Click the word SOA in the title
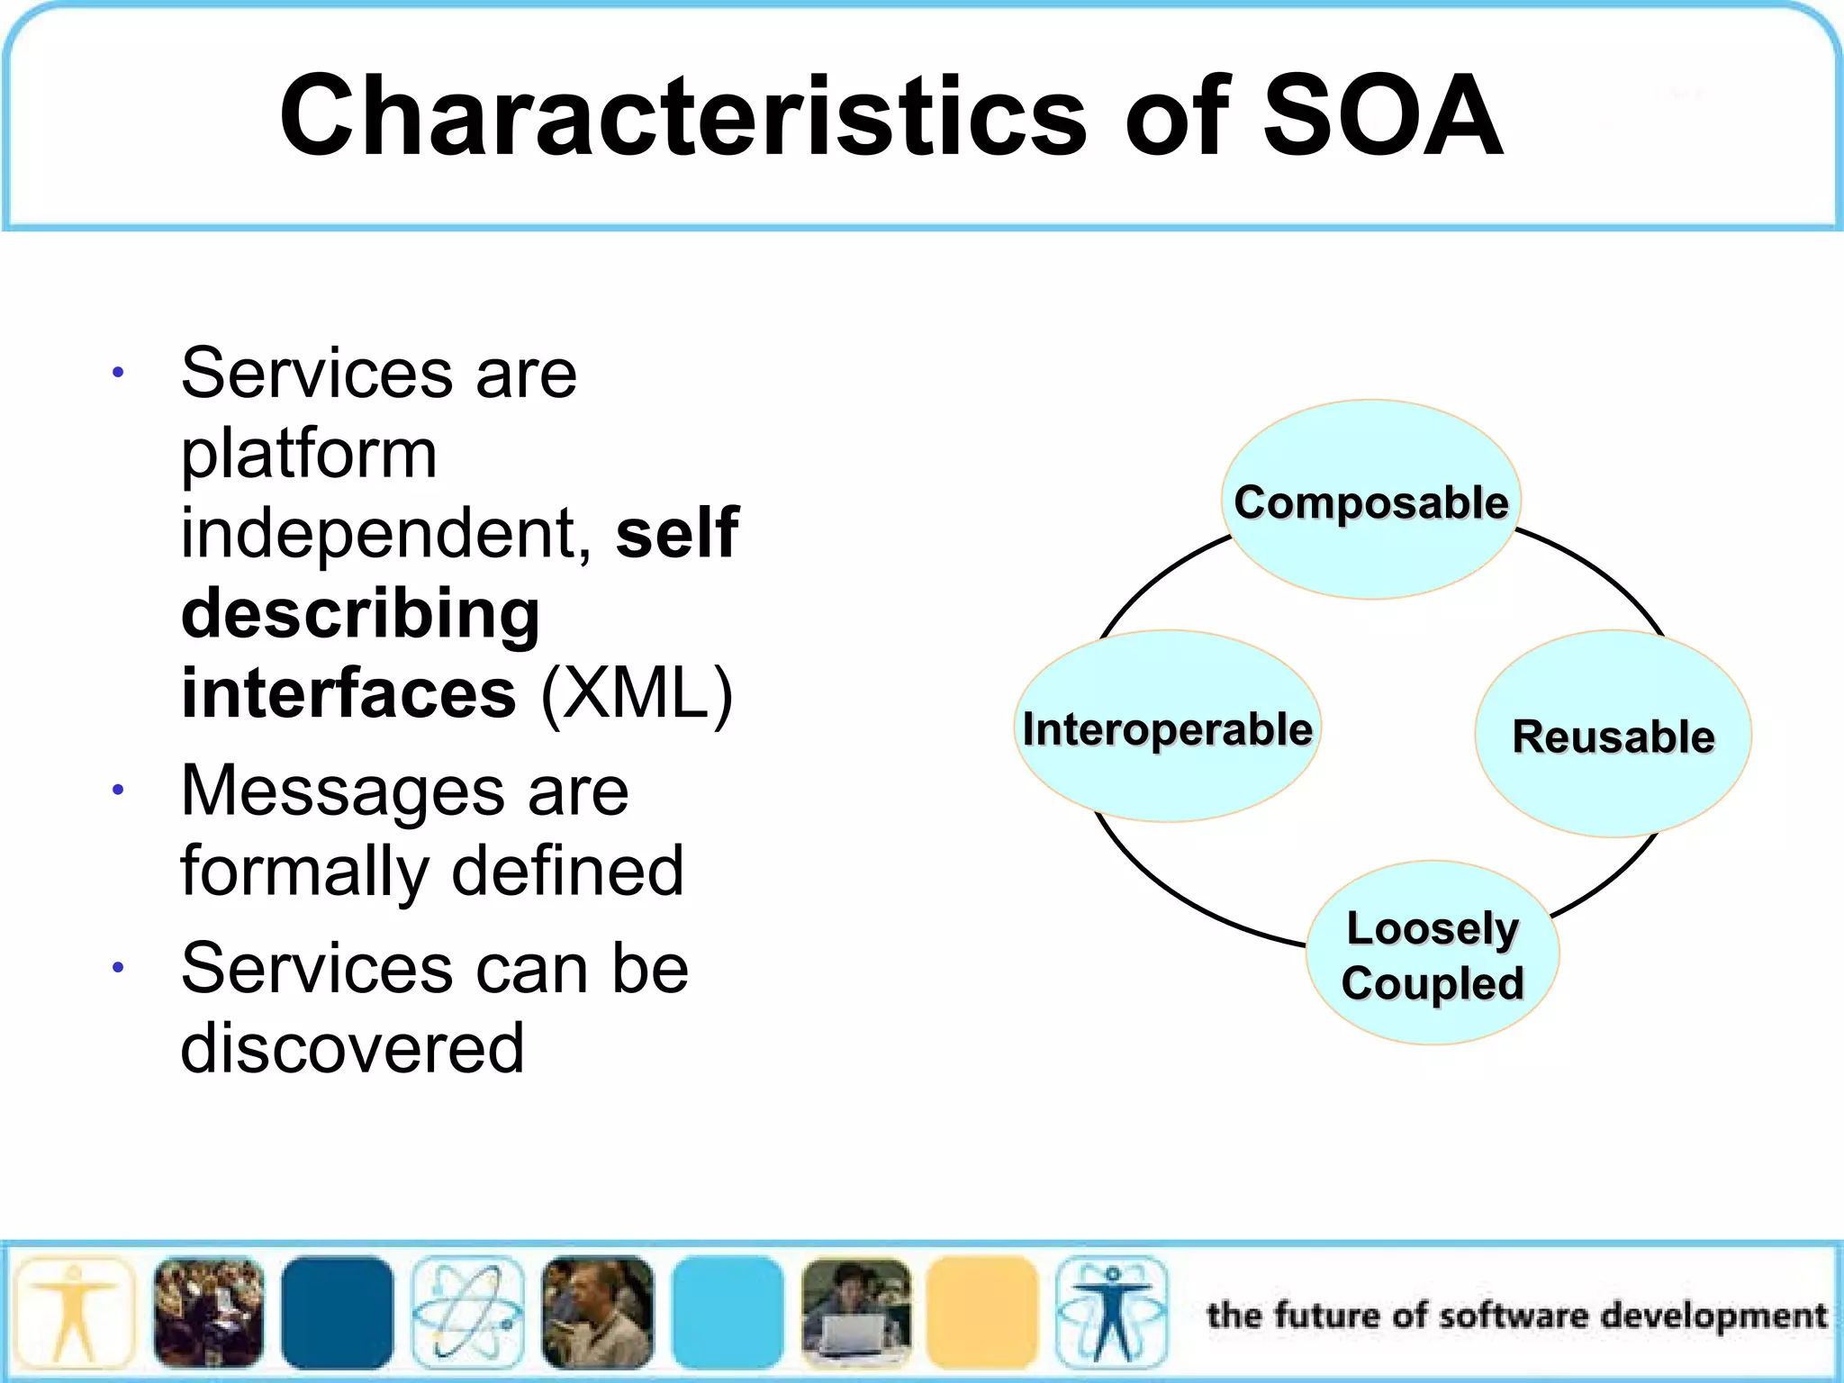(x=1382, y=117)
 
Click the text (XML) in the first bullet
(x=637, y=693)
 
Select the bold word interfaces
(x=348, y=693)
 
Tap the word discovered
(x=352, y=1049)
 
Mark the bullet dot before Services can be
(x=118, y=968)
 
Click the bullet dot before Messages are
(x=118, y=791)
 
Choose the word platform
(x=309, y=455)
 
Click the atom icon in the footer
(x=467, y=1312)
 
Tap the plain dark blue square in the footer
(x=338, y=1312)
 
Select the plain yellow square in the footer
(x=982, y=1312)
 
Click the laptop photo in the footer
(x=855, y=1312)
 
